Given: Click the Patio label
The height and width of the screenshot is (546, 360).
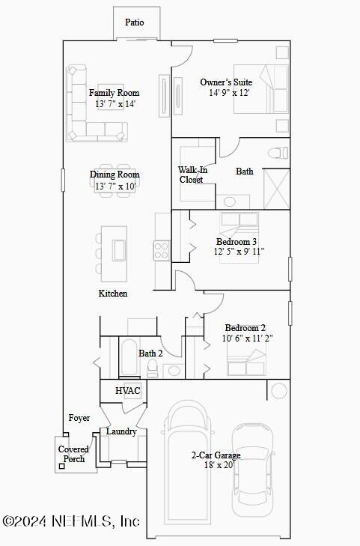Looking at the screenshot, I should coord(135,22).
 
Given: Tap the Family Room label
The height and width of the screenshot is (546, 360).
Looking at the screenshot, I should coord(114,93).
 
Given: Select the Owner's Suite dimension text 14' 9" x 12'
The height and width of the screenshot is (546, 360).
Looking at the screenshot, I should coord(229,93).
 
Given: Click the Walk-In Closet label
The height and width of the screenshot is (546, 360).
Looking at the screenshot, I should coord(192,175).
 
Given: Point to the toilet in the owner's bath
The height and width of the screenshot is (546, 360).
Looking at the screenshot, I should coord(280,153).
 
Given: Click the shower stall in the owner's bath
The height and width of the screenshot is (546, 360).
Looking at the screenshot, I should coord(276,187).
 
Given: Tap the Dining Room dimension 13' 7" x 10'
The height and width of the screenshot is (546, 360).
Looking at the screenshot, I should coord(115,185).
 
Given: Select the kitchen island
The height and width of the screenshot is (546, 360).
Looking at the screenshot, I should coord(119,249).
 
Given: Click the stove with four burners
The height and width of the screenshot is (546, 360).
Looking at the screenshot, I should coord(162,249).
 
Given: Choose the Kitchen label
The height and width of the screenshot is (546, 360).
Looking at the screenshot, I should coord(113,294).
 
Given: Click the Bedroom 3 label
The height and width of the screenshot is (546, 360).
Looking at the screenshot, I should coord(237,242).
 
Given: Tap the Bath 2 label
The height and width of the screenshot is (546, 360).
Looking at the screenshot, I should coord(150,353).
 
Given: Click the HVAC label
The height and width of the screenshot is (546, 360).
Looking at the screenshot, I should coord(128,391).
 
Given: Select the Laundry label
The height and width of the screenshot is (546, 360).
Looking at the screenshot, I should coord(120,431).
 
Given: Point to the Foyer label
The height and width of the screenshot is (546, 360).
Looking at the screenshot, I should coord(79,418).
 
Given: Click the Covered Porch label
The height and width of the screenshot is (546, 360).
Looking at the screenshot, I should coord(73,454).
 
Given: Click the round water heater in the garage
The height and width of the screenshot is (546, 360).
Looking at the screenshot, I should coord(279,390).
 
